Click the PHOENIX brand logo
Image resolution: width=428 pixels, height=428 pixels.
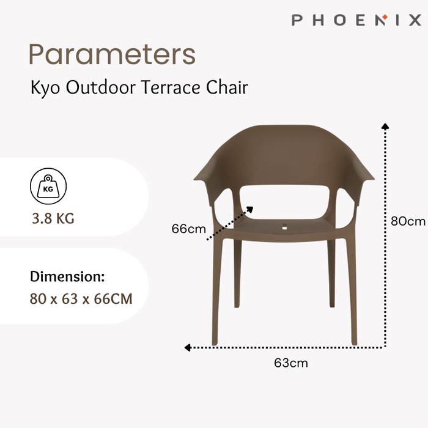(x=356, y=20)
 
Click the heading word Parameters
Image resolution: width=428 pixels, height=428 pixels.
(x=112, y=55)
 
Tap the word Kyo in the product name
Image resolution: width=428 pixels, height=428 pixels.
(x=45, y=88)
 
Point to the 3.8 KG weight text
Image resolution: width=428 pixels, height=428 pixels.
(x=53, y=218)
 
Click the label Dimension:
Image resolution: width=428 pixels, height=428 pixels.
(x=67, y=276)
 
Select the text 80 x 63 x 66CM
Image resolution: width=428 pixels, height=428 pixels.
(x=81, y=300)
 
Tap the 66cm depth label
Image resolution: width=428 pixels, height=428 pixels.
(x=188, y=229)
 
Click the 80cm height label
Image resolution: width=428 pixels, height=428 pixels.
(x=407, y=221)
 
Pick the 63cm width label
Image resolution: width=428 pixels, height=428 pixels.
(x=290, y=363)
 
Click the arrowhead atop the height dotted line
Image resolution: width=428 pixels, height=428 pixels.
(x=385, y=126)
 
